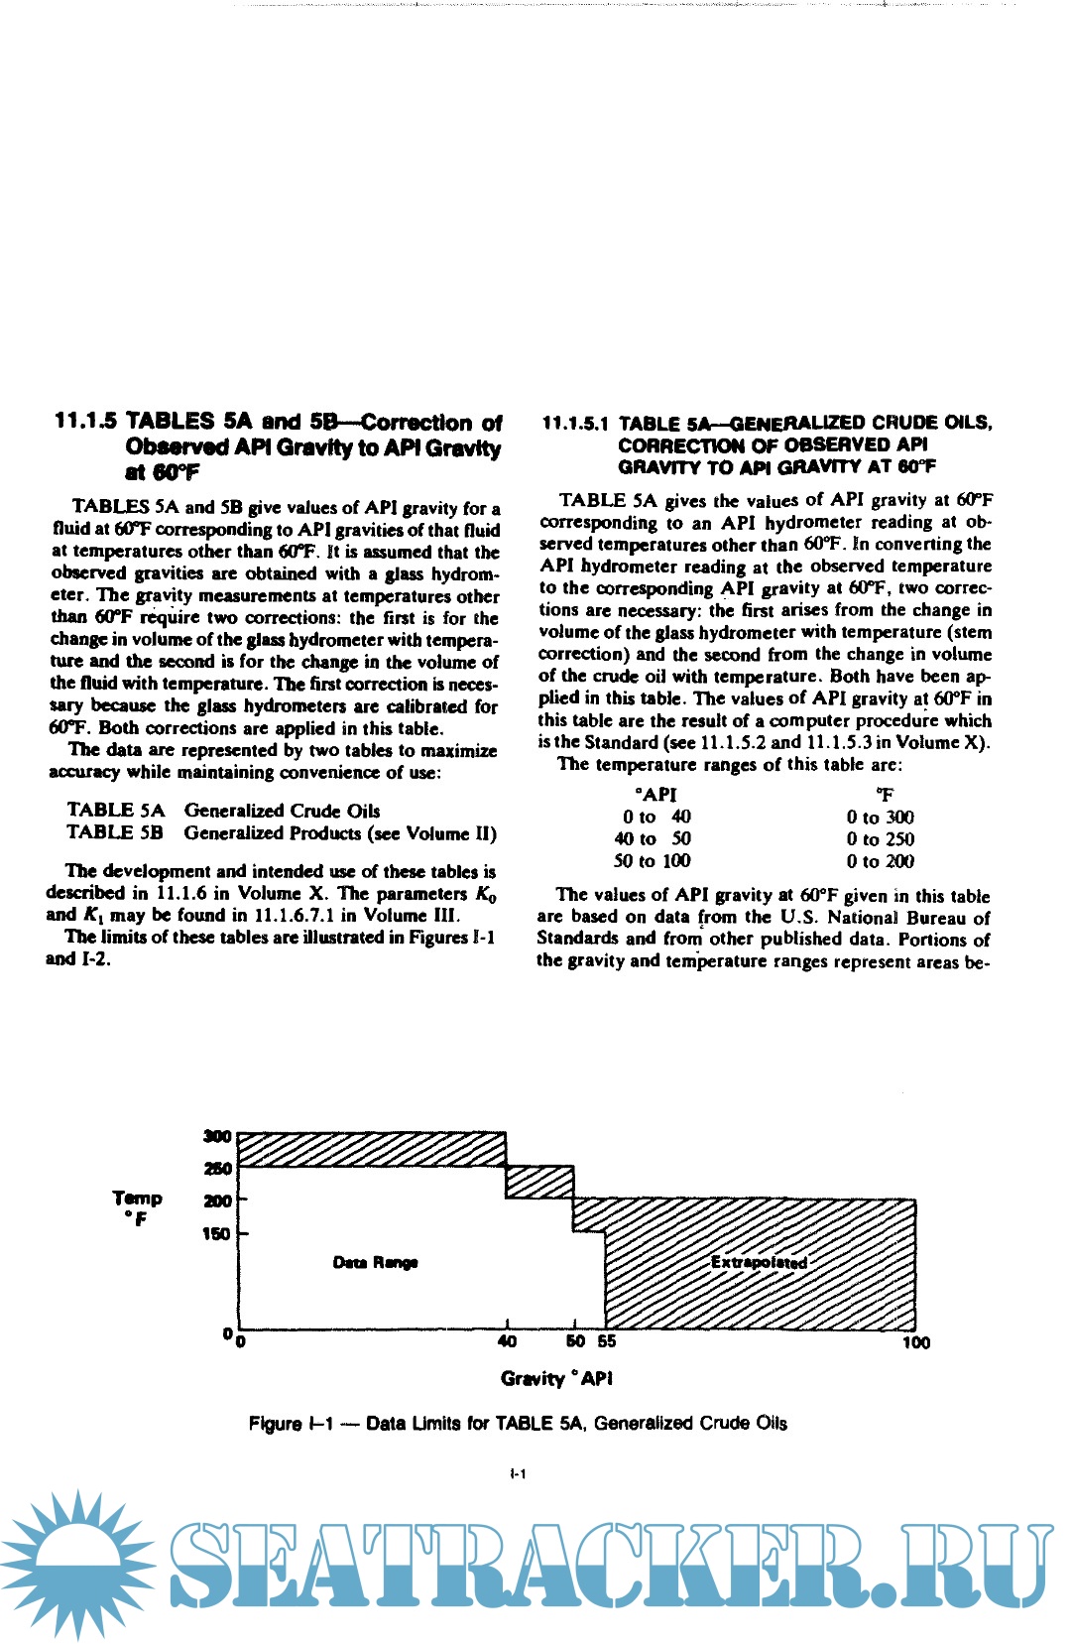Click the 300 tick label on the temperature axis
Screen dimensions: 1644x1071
(x=217, y=1136)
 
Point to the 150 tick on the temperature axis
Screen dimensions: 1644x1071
(x=216, y=1233)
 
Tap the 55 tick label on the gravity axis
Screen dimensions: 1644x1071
(x=606, y=1341)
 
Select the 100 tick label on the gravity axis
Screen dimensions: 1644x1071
(x=915, y=1342)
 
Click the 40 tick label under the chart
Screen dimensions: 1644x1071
(x=507, y=1341)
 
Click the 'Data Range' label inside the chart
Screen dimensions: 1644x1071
(x=375, y=1262)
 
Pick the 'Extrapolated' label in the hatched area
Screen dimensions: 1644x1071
(x=759, y=1262)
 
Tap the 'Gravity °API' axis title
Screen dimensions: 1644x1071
(x=556, y=1378)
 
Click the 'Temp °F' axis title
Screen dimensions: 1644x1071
(x=137, y=1207)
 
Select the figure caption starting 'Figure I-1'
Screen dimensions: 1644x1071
(x=518, y=1423)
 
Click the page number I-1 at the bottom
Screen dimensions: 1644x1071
(x=518, y=1473)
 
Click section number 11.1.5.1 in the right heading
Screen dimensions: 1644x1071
(x=575, y=424)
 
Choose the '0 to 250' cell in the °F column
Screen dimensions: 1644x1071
(x=880, y=838)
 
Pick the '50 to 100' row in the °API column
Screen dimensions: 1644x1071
(x=652, y=861)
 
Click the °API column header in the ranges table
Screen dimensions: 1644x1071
(x=655, y=794)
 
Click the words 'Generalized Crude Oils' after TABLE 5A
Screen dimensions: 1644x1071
(x=282, y=811)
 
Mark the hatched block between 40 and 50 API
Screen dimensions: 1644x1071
(x=539, y=1181)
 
